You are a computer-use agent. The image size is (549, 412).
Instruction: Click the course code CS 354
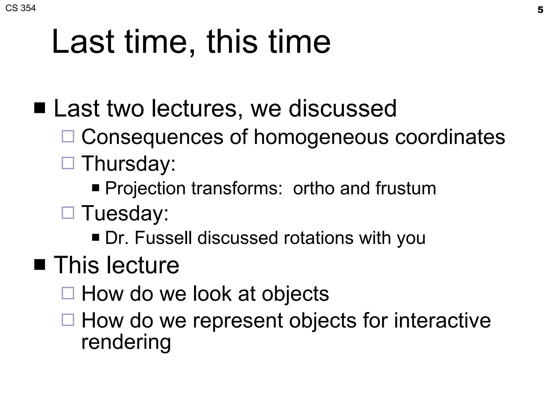20,8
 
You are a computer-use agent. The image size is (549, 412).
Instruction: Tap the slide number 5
540,10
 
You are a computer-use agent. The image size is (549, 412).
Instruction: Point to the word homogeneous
321,137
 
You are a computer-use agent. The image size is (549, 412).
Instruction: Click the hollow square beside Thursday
68,163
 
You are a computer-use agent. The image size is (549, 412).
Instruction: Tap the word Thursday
128,163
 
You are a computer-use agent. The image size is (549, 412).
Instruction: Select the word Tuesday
125,213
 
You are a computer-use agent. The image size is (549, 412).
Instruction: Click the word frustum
406,188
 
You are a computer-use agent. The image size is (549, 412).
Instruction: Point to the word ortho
313,188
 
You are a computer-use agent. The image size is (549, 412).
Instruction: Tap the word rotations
318,238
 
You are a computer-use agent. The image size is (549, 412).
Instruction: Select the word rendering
126,343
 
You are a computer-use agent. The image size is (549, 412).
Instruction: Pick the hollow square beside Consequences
68,136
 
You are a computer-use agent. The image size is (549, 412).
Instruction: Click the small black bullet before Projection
95,187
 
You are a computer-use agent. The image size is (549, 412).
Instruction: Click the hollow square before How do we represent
68,320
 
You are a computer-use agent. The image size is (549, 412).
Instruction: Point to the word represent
238,321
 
